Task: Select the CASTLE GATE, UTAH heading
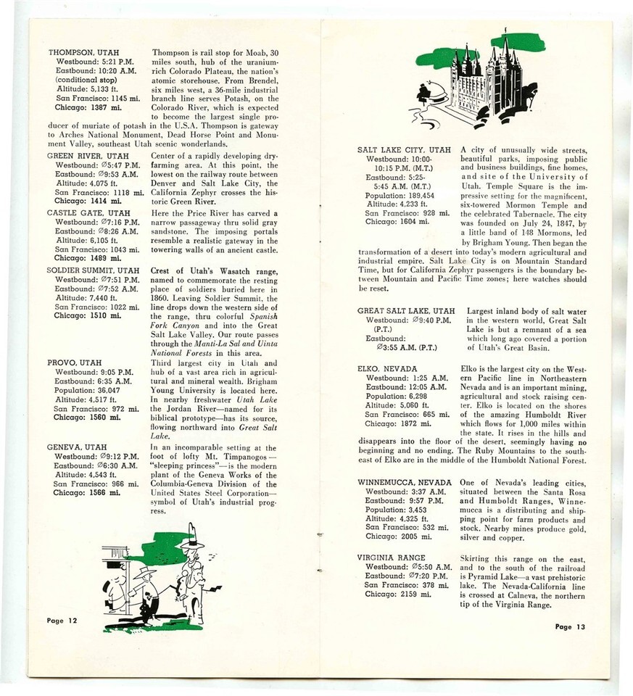(89, 212)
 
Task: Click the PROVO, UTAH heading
(75, 362)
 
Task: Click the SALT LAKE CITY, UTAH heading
(404, 150)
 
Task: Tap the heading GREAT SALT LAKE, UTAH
(406, 311)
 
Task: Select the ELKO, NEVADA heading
(388, 368)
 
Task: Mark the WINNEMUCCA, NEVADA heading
(405, 482)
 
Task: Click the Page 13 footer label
(569, 626)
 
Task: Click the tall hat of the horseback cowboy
(192, 539)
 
